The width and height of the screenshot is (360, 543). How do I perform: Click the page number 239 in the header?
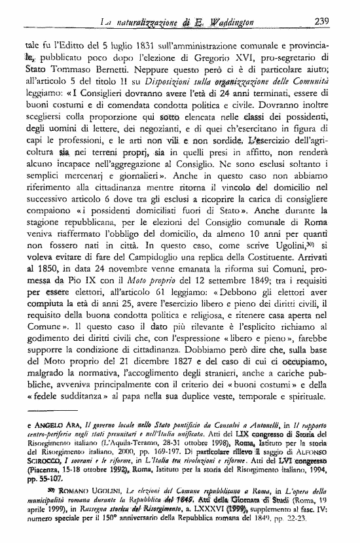click(x=321, y=21)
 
